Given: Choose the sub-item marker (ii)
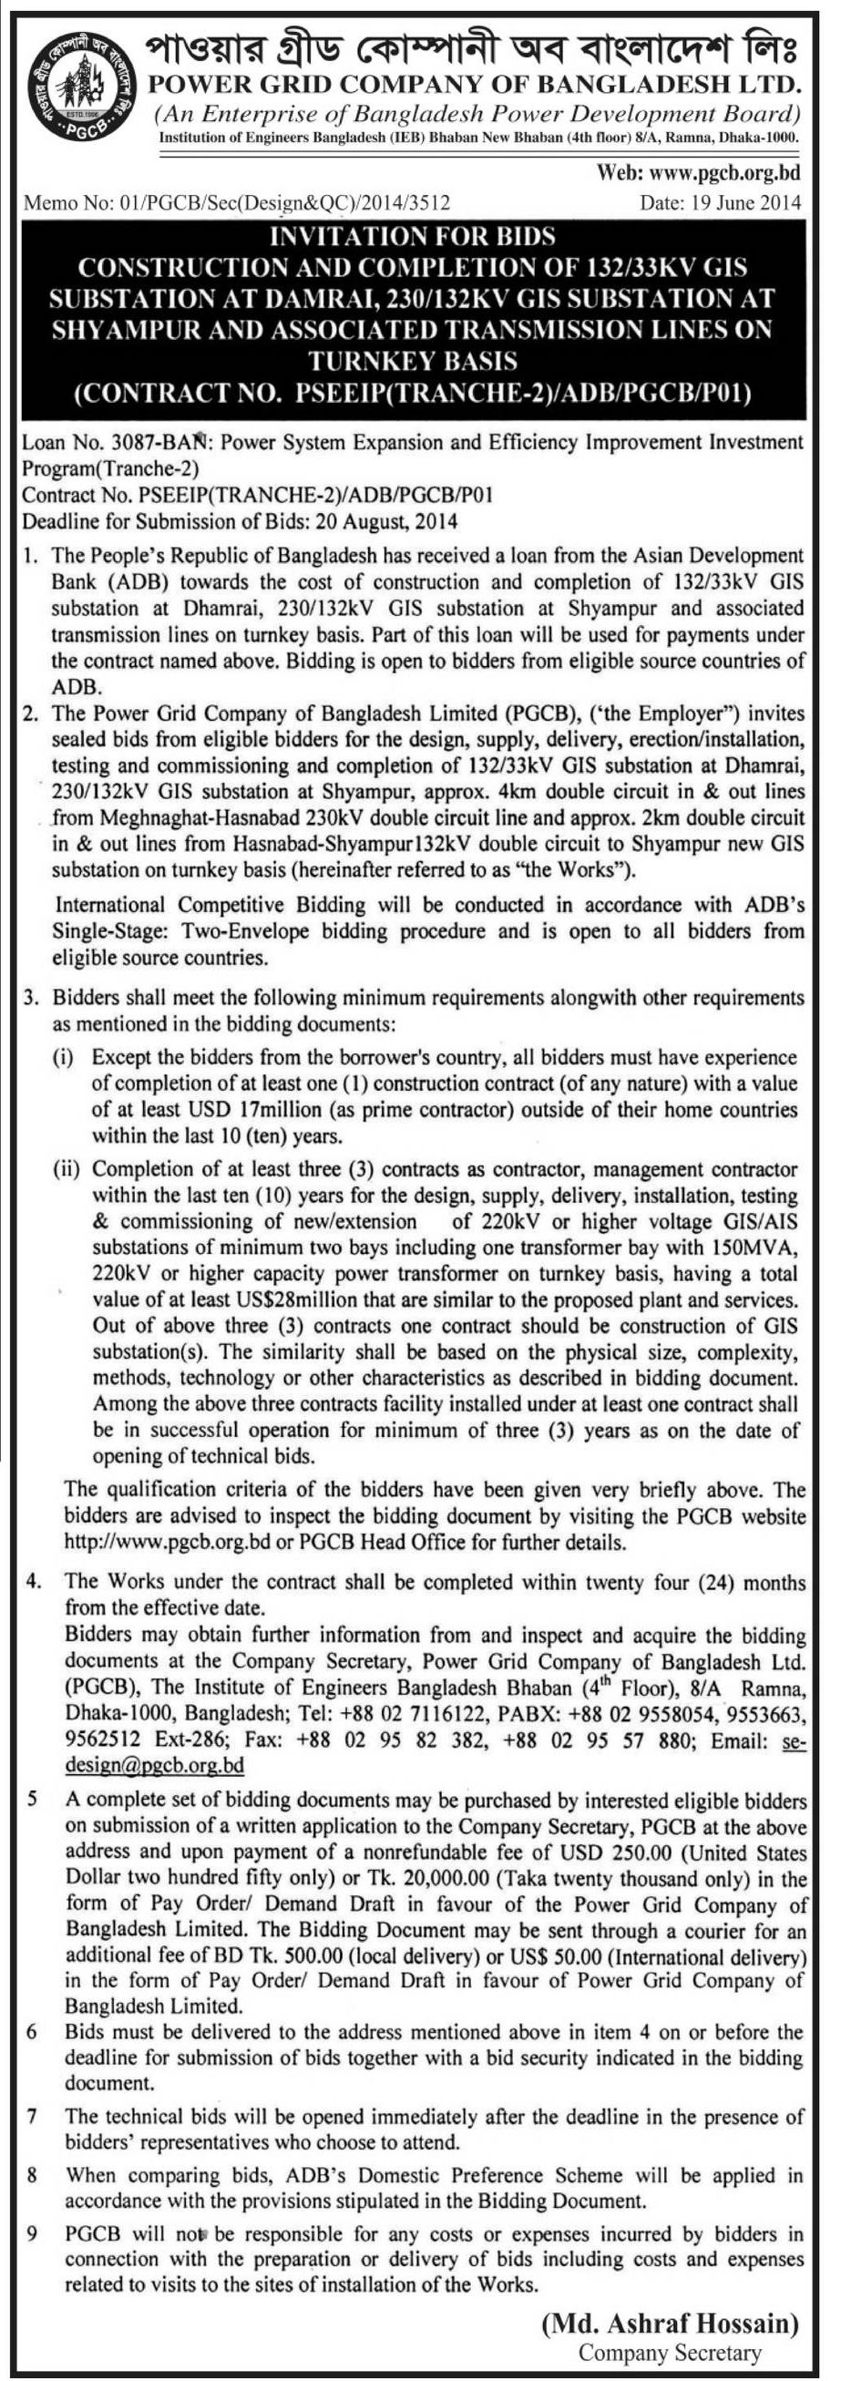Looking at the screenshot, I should (67, 1170).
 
